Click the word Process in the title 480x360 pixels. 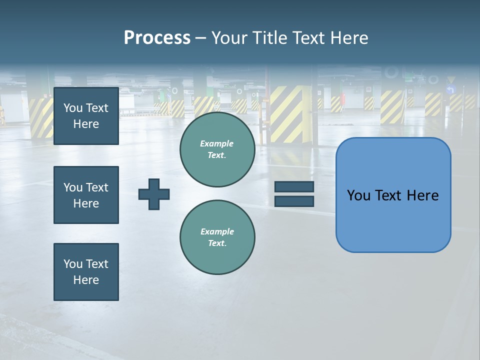coord(157,38)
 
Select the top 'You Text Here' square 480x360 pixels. coord(86,116)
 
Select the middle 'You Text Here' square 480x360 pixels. coord(86,195)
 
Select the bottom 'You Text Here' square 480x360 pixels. coord(86,272)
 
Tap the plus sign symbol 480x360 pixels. coord(154,193)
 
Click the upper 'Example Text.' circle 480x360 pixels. coord(217,149)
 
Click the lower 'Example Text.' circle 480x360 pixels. coord(217,237)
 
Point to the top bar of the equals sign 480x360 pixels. coord(294,186)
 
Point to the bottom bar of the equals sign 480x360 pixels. coord(294,201)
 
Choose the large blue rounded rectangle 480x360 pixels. coord(393,220)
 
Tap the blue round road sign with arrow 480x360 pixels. coord(451,90)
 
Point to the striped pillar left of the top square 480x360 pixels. coord(41,117)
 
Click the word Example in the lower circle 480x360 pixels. coord(217,231)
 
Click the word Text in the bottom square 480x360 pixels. coord(97,264)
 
